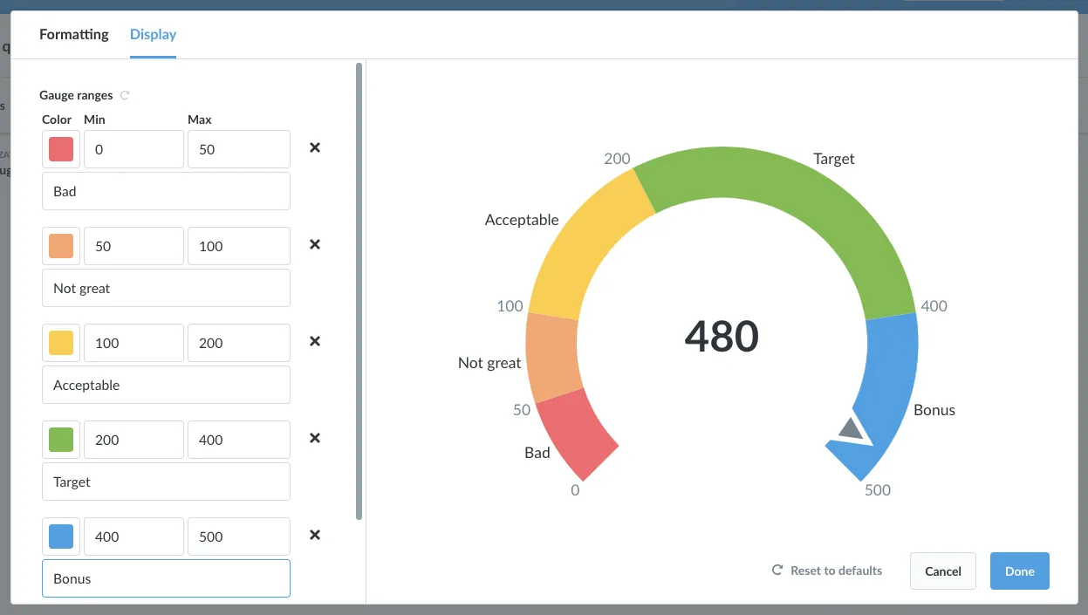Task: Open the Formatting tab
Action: pyautogui.click(x=74, y=35)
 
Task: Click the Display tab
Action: pyautogui.click(x=153, y=35)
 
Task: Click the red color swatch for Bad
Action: pyautogui.click(x=61, y=149)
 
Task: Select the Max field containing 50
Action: pyautogui.click(x=239, y=149)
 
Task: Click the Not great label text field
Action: pyautogui.click(x=166, y=288)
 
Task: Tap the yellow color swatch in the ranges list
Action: pyautogui.click(x=61, y=343)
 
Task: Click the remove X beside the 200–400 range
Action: pyautogui.click(x=315, y=438)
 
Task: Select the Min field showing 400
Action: pyautogui.click(x=133, y=536)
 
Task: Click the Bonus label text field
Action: pyautogui.click(x=166, y=578)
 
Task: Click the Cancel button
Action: pyautogui.click(x=943, y=571)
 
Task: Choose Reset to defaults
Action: pyautogui.click(x=826, y=571)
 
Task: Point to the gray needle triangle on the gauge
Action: pyautogui.click(x=851, y=429)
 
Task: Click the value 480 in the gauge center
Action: pyautogui.click(x=722, y=336)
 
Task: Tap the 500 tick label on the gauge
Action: pyautogui.click(x=878, y=489)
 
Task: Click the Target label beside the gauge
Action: pyautogui.click(x=834, y=159)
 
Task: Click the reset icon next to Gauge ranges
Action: pyautogui.click(x=125, y=95)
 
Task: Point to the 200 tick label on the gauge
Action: pyautogui.click(x=617, y=159)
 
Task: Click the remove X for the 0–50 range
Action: pyautogui.click(x=315, y=147)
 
